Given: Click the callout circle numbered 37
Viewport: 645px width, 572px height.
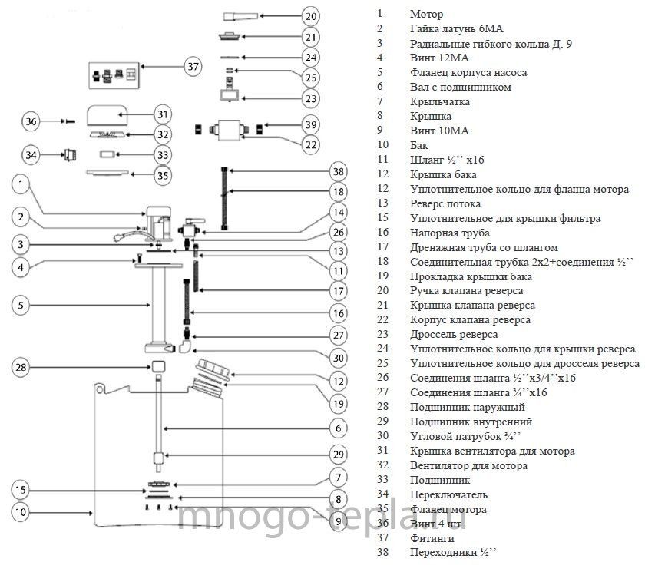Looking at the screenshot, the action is [x=193, y=66].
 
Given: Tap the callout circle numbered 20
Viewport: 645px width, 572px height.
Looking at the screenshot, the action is [x=310, y=16].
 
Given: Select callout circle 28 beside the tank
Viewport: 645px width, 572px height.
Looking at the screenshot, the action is [x=21, y=367].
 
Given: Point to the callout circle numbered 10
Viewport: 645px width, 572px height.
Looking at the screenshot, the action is [x=21, y=512].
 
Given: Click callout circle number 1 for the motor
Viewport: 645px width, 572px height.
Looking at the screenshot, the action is [x=21, y=184].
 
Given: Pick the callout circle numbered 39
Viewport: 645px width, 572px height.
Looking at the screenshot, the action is [x=310, y=124].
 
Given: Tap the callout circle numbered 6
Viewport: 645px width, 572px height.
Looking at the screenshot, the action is [x=338, y=428].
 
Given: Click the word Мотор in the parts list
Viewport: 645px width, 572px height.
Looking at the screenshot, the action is [x=427, y=15].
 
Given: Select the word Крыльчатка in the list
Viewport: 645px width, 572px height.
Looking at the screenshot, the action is [x=440, y=101].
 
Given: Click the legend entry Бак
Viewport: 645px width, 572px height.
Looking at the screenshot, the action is [x=418, y=145].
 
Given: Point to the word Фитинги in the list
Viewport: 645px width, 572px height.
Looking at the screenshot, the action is [x=432, y=538].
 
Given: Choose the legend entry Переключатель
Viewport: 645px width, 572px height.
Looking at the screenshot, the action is [x=448, y=494].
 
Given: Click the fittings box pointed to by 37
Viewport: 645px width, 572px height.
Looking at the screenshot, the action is [x=114, y=75].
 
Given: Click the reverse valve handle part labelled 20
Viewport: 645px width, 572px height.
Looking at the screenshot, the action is [x=240, y=16].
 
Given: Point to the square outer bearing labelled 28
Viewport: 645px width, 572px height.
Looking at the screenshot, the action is [x=159, y=366].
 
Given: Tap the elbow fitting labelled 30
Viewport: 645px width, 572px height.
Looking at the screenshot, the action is [x=186, y=346].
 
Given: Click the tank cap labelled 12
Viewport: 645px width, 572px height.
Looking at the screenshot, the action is [x=213, y=369].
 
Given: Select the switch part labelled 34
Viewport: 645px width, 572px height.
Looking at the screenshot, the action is [x=70, y=155].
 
